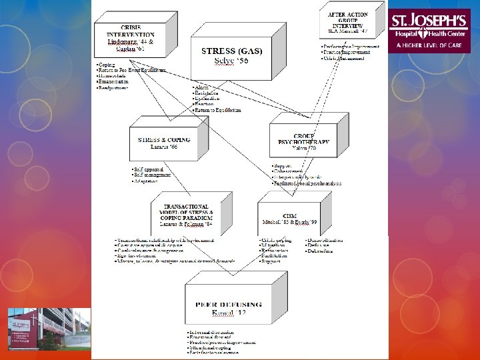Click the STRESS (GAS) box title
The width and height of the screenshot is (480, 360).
point(227,51)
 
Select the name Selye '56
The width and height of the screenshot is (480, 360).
point(227,61)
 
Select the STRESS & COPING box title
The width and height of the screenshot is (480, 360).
point(164,140)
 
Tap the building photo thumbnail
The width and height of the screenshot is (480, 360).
point(48,329)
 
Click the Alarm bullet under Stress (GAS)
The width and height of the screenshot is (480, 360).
point(201,87)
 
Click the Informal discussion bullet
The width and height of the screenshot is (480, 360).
point(212,331)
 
